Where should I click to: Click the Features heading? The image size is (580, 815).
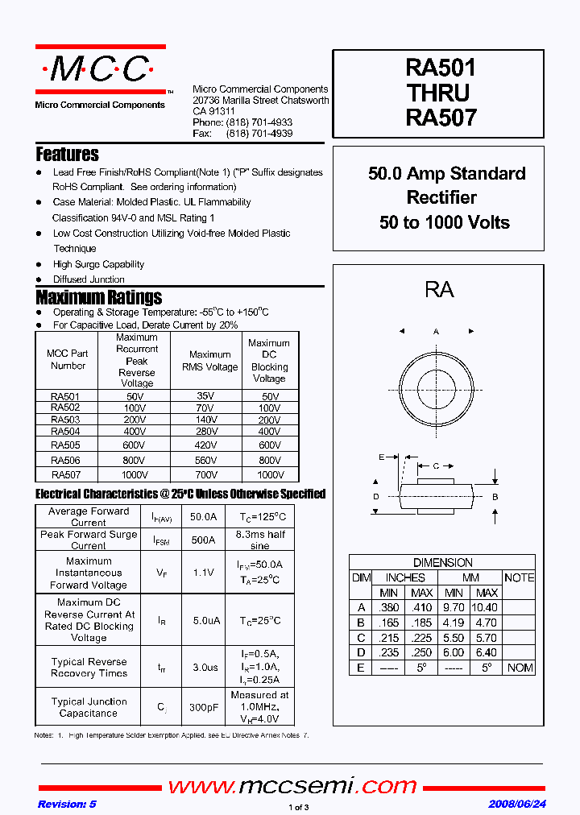(x=67, y=155)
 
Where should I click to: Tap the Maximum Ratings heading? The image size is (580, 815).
(x=98, y=297)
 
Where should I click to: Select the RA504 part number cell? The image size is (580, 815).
(x=65, y=432)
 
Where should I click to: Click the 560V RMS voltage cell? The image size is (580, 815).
(x=205, y=461)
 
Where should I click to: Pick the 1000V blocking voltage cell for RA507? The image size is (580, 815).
(x=269, y=475)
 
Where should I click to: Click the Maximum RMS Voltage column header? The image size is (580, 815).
(x=209, y=361)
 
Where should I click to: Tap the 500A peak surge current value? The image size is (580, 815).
(x=202, y=540)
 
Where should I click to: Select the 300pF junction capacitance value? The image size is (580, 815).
(x=202, y=707)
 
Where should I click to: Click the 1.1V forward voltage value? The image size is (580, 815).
(x=202, y=573)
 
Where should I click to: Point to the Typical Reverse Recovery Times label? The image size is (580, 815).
(x=89, y=668)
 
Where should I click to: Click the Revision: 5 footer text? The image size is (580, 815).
(x=67, y=805)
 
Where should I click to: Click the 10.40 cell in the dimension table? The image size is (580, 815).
(x=483, y=607)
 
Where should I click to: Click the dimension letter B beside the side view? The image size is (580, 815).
(x=495, y=497)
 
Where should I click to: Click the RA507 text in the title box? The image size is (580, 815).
(x=441, y=118)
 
